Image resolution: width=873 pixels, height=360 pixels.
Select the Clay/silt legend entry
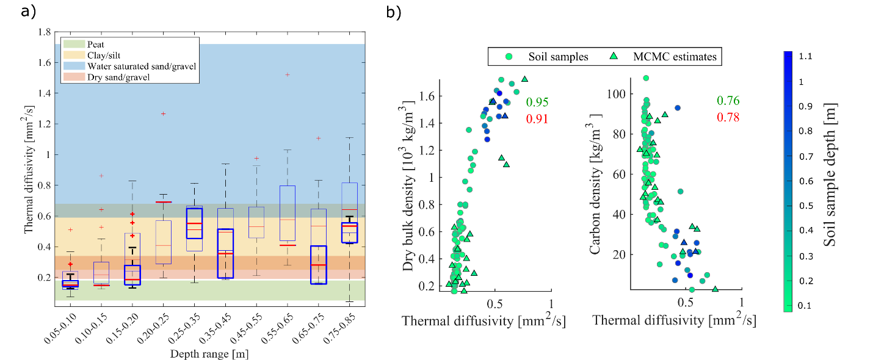coord(104,56)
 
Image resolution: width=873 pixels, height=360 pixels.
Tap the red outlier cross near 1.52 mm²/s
coord(288,74)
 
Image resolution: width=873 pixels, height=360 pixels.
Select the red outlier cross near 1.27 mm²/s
coord(163,113)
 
